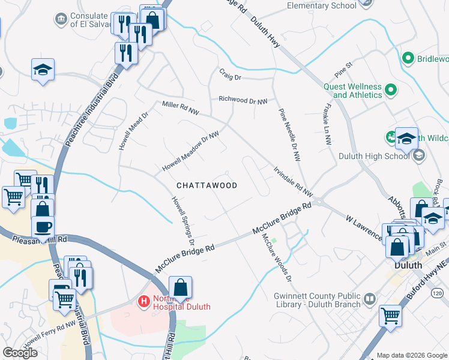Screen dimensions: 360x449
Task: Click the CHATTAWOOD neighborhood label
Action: [206, 185]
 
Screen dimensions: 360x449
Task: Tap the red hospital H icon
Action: [144, 300]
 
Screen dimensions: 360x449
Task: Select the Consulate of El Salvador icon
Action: [61, 19]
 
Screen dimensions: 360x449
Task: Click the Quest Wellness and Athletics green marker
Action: [391, 90]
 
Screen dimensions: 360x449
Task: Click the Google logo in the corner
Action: [20, 353]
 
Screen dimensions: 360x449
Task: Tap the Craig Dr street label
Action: [229, 77]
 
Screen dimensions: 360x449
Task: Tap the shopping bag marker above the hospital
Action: [180, 289]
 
